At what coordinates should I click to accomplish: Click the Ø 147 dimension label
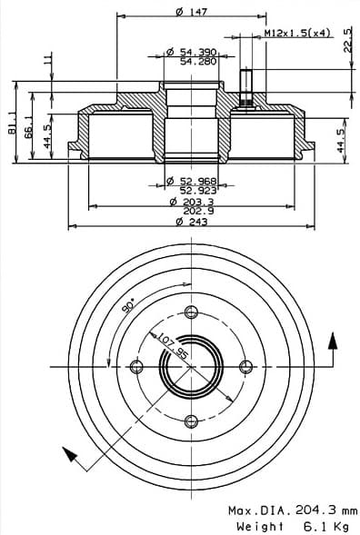192,12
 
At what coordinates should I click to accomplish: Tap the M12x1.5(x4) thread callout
297,33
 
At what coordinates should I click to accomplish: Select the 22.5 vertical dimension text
347,40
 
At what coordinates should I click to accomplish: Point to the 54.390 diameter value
196,52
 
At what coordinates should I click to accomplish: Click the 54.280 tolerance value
198,62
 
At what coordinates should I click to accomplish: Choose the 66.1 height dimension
29,126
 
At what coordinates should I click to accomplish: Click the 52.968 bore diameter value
198,181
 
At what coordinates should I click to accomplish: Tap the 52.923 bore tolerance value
198,191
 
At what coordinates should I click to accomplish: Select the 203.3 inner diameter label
198,202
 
